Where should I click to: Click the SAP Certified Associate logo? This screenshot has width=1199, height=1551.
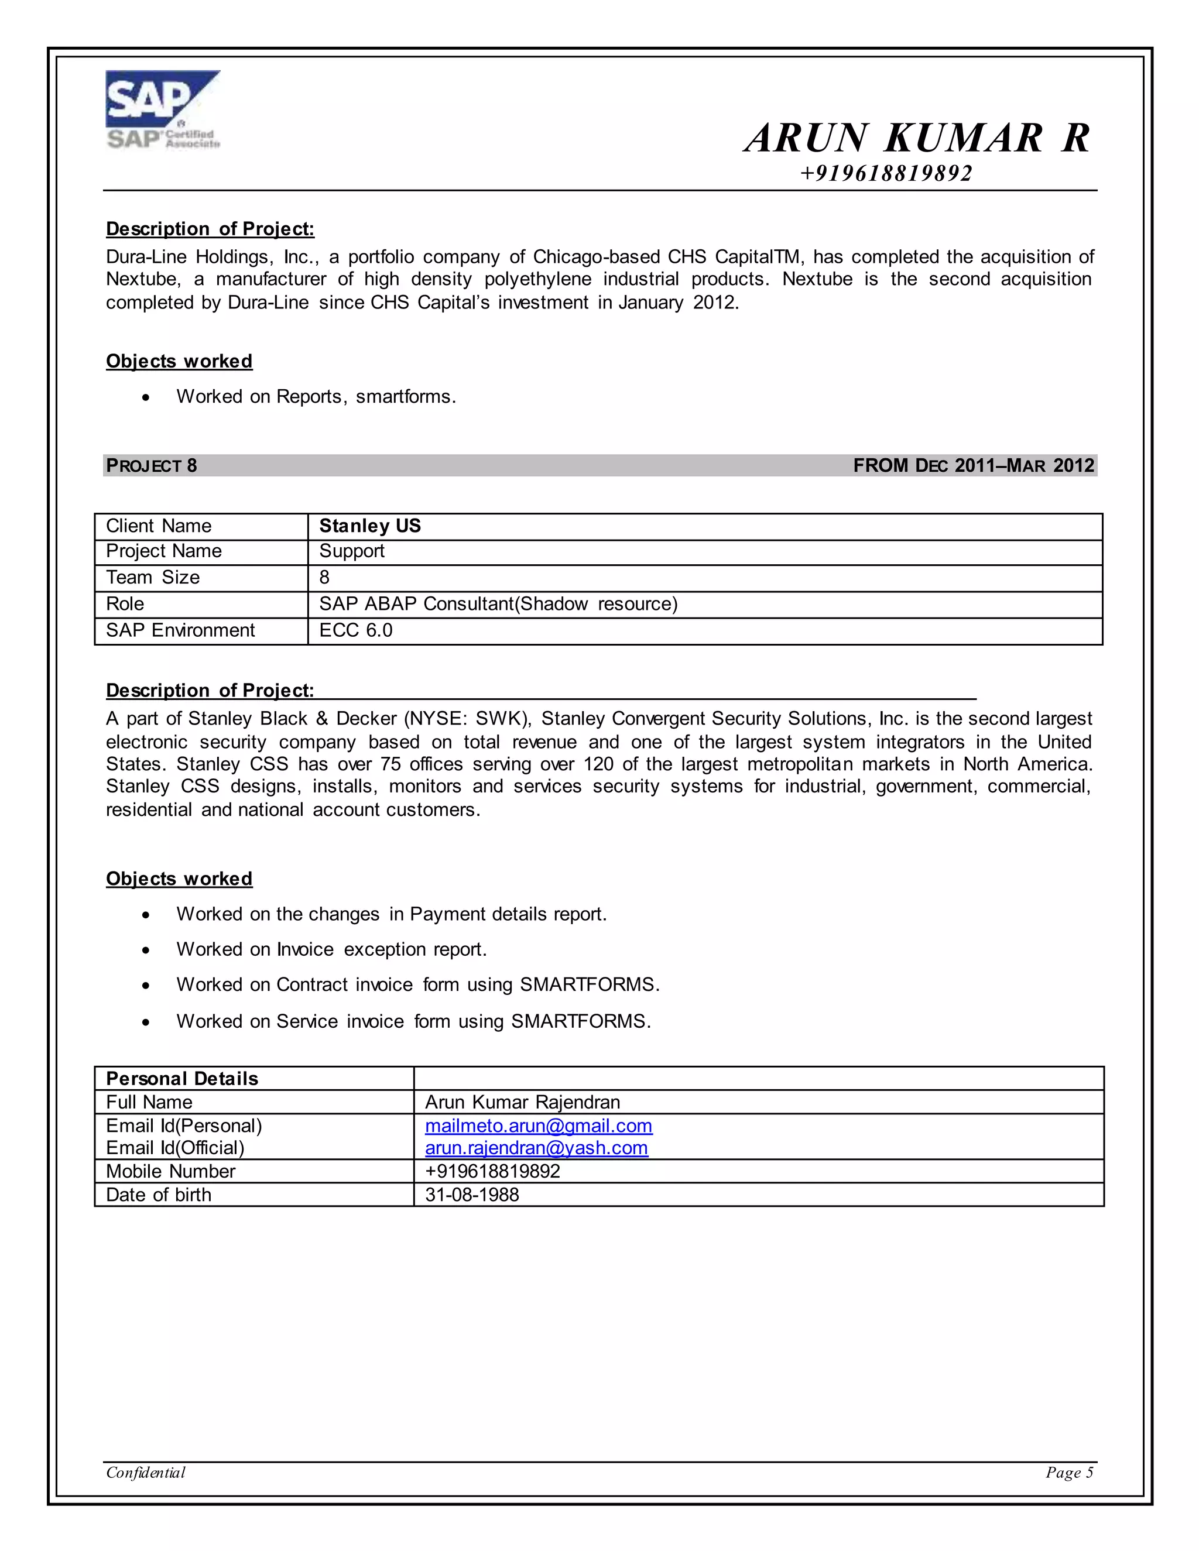(x=163, y=110)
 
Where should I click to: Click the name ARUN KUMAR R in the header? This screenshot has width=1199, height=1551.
(x=917, y=138)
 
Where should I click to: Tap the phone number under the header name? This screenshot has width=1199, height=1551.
(x=886, y=173)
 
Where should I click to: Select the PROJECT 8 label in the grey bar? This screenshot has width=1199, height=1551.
(x=151, y=466)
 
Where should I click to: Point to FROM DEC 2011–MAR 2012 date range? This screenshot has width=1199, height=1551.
(x=973, y=466)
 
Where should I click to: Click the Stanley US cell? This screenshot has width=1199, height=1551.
(x=369, y=526)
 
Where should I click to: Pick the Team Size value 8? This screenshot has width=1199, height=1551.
(x=324, y=577)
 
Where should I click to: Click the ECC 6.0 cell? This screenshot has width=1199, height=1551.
(x=356, y=630)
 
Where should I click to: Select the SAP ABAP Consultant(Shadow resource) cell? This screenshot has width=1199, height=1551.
(x=498, y=605)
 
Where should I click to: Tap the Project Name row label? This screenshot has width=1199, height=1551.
(x=163, y=551)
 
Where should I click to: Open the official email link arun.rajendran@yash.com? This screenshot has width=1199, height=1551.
(x=536, y=1148)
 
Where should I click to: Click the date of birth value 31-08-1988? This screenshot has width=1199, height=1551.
(x=472, y=1195)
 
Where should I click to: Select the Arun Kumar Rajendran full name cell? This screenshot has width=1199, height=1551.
(x=522, y=1102)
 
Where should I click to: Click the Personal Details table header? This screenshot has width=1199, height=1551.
(x=182, y=1079)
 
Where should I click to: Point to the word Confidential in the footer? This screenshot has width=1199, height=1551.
(x=146, y=1473)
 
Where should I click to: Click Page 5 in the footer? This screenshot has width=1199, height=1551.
(x=1069, y=1473)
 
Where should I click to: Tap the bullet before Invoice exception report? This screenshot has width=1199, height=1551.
(x=146, y=950)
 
